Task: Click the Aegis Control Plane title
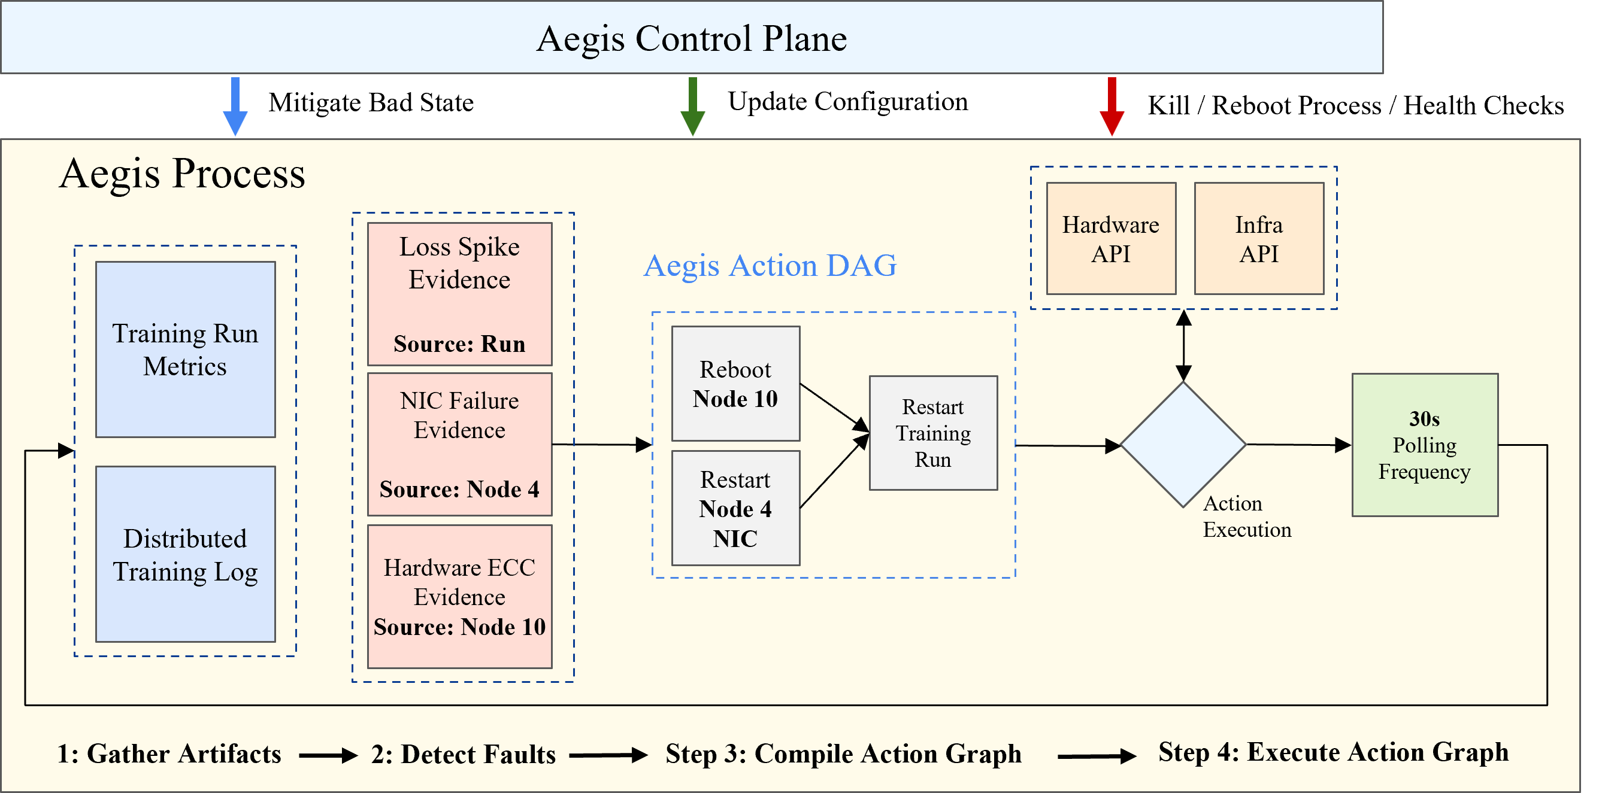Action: pos(692,38)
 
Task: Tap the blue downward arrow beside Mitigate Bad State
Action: pos(235,106)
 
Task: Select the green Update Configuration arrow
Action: pos(693,106)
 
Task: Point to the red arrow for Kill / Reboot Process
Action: pos(1112,106)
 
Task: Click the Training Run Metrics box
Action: pos(186,350)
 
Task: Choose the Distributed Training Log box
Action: pos(186,554)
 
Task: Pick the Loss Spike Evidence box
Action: pos(459,294)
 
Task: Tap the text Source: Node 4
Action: pos(459,490)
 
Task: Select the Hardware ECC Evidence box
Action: pos(459,597)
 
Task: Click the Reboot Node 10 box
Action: pos(735,384)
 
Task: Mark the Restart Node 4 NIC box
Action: pos(735,508)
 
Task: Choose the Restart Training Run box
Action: pos(934,433)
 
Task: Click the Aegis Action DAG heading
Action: pos(770,266)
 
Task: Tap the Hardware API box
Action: pos(1111,238)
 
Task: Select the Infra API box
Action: pos(1259,238)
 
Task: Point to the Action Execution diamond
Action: pos(1184,444)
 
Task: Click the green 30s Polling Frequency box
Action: pos(1425,445)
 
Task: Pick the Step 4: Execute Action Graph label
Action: pos(1333,752)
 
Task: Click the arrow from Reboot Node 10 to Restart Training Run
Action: pos(835,407)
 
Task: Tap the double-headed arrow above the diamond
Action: pos(1184,345)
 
